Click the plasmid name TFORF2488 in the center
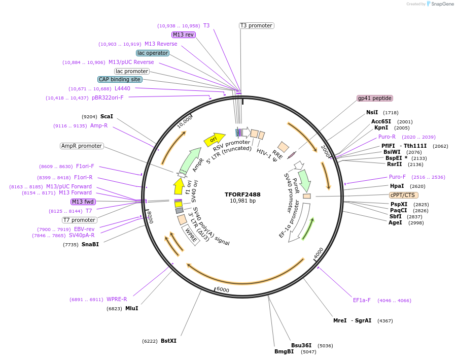243,194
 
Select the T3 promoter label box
256,25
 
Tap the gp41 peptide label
375,98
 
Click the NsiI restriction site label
372,112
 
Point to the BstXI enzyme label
168,341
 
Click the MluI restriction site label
131,308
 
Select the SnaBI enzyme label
90,244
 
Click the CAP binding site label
120,79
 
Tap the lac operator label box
153,53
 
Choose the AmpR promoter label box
81,146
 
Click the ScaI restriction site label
107,116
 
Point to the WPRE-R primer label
117,299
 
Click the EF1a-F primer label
362,300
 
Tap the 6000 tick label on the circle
223,289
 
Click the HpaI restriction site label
397,186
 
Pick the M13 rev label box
183,35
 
